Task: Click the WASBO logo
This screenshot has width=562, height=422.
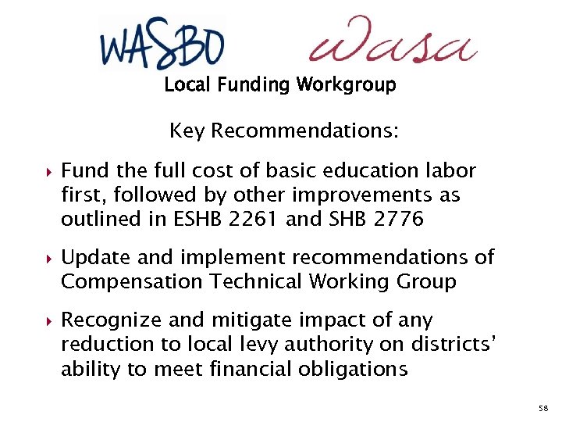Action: coord(162,42)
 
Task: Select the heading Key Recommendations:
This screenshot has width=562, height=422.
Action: coord(283,131)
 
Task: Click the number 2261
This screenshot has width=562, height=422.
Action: coord(251,219)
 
